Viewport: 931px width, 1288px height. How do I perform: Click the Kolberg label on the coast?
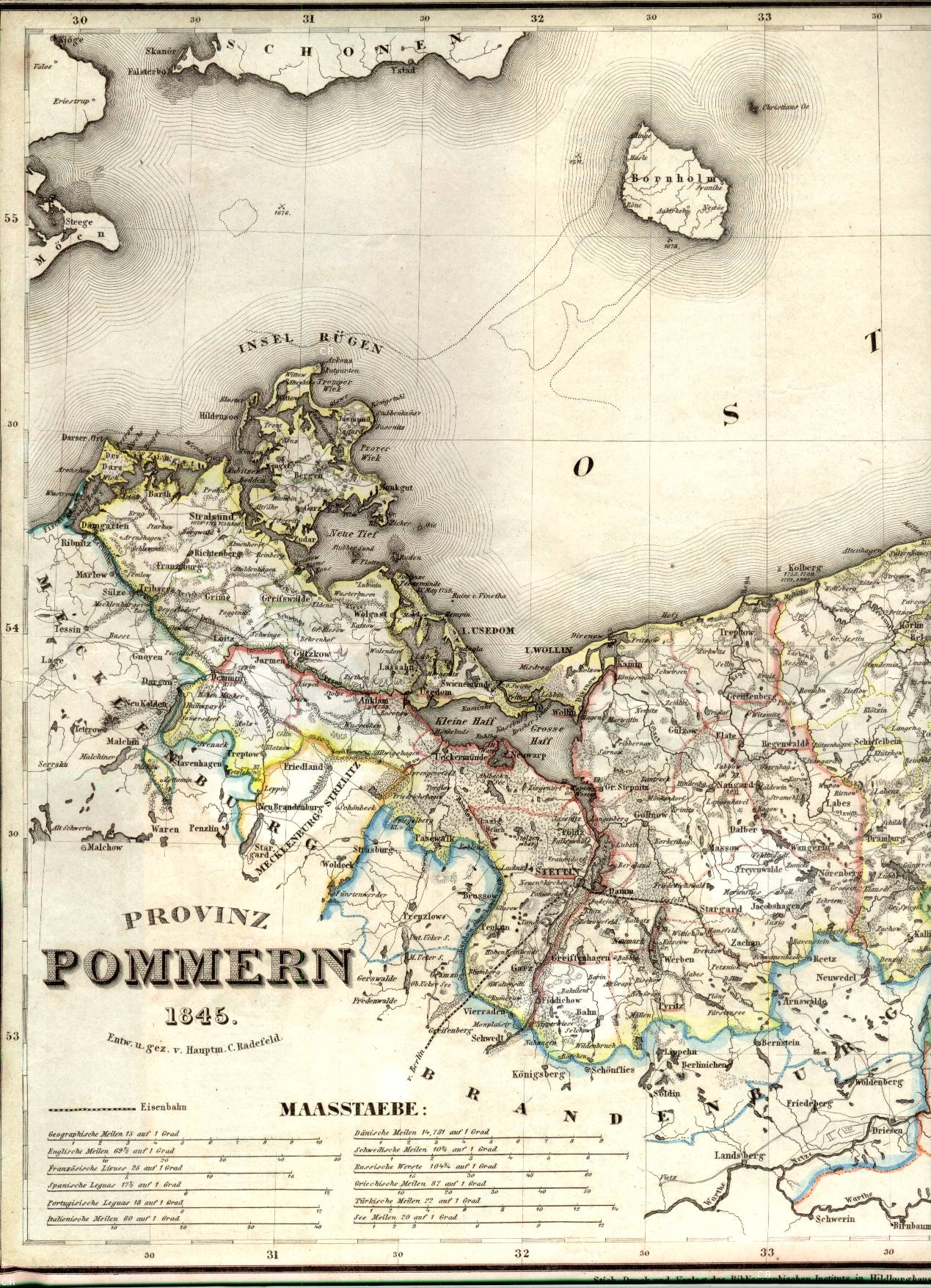(806, 567)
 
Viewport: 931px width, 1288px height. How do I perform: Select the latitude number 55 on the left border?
(10, 219)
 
